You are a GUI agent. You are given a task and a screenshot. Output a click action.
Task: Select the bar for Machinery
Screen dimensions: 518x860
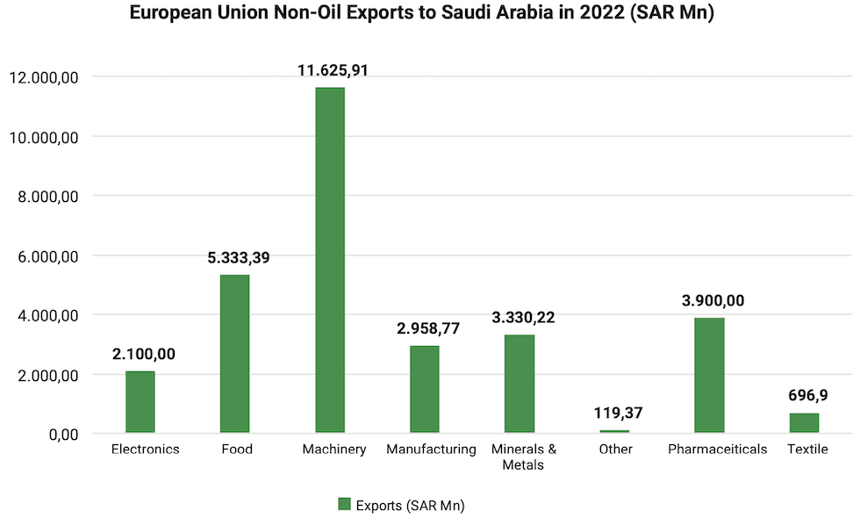[330, 260]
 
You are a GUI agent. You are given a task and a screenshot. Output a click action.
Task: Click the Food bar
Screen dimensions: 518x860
[235, 354]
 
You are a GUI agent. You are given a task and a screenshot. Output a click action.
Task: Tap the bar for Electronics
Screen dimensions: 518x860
[140, 402]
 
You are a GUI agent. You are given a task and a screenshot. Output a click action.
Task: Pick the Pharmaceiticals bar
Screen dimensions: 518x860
[709, 375]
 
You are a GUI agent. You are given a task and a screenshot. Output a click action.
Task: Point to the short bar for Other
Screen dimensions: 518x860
[614, 431]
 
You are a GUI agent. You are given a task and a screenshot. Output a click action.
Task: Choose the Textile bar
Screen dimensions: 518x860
[804, 423]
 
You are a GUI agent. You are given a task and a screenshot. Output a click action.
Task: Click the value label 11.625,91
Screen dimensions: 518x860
[329, 70]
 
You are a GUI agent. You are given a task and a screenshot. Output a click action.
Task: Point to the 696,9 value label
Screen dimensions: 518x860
[804, 396]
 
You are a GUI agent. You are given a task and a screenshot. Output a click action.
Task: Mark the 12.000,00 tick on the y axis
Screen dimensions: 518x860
[44, 77]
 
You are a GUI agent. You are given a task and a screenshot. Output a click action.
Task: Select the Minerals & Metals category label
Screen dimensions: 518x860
[523, 457]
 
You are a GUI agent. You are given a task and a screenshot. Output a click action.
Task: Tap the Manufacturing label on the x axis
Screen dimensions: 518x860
[431, 450]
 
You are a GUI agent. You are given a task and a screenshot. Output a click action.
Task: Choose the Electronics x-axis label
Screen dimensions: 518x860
[146, 450]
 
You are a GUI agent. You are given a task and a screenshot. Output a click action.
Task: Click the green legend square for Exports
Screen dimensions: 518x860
[344, 504]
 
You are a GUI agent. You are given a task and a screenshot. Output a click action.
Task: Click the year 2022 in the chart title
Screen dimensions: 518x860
[590, 14]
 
